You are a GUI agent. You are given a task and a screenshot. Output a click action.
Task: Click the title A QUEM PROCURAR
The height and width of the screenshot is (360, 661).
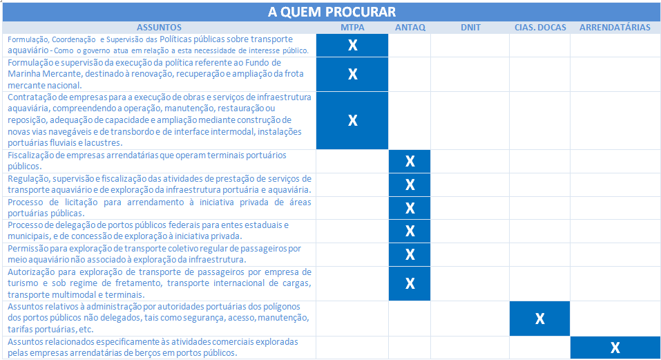tap(331, 12)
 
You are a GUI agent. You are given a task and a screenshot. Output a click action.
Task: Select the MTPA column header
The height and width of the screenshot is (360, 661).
tap(352, 28)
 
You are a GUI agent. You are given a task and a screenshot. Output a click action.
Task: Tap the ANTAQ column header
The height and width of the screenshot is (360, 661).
tap(410, 28)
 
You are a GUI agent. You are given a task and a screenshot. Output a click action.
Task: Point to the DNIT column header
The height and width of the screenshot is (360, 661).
tap(470, 28)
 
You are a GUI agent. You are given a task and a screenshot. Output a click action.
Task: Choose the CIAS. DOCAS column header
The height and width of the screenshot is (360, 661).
tap(540, 28)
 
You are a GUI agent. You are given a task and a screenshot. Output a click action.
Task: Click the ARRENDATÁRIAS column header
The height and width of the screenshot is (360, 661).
tap(615, 28)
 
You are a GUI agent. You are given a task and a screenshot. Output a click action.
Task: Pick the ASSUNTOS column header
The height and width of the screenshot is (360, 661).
tap(160, 28)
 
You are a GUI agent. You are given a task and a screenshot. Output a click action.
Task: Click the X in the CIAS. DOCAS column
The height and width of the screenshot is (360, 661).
tap(540, 319)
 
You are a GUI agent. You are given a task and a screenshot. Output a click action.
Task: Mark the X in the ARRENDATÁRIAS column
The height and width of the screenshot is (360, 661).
tap(615, 348)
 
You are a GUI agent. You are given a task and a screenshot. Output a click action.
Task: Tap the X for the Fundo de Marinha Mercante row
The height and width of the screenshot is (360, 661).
tap(352, 74)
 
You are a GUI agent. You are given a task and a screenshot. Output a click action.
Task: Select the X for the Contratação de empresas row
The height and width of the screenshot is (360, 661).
tap(352, 120)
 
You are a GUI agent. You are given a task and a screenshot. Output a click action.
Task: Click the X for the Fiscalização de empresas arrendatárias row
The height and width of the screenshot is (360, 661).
tap(410, 161)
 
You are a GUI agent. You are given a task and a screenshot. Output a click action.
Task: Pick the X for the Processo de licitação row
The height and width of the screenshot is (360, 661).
tap(410, 208)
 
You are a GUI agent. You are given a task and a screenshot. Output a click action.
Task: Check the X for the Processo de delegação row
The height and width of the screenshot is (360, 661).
tap(410, 231)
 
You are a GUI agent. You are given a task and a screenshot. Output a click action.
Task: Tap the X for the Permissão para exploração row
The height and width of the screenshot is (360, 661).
tap(410, 254)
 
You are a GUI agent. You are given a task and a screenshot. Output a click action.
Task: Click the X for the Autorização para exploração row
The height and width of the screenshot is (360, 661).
tap(410, 283)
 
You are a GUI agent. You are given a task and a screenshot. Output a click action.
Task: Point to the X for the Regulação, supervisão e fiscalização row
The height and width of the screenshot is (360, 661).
tap(410, 184)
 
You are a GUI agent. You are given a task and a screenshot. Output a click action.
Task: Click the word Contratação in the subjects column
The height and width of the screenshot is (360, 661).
tap(31, 97)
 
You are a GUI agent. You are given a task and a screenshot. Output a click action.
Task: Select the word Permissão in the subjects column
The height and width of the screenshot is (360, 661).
tap(27, 248)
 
